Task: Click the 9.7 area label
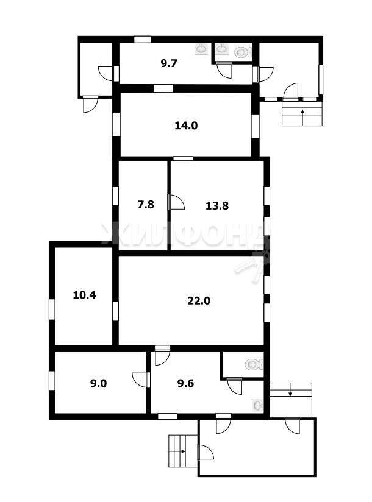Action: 169,63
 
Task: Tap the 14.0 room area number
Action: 186,125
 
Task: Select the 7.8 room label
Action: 146,204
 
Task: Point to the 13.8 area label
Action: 217,205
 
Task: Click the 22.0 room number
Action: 199,300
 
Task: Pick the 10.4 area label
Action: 84,295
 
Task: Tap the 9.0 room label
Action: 98,383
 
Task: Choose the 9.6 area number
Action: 185,383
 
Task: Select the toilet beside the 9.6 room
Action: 255,364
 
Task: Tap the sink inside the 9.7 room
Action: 201,49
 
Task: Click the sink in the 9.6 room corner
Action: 257,406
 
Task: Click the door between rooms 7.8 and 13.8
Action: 176,202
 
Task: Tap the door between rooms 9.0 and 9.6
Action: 141,380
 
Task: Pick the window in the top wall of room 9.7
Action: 142,39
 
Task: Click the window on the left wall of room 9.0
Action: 52,380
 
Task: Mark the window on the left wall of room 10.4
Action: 52,309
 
